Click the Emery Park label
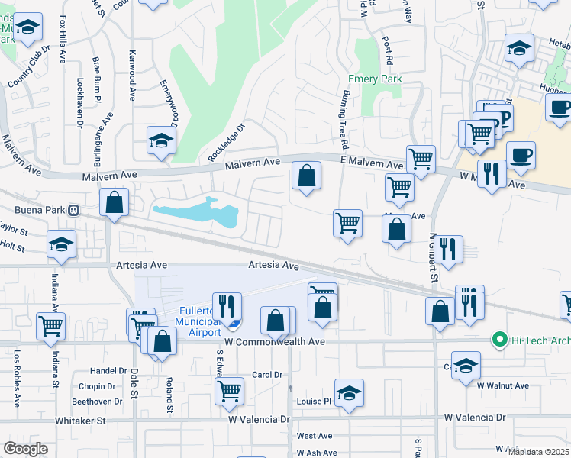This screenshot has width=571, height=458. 375,79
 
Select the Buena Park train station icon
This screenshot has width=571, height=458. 74,209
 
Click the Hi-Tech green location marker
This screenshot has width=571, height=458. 500,339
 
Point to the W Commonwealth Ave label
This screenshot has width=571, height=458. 275,342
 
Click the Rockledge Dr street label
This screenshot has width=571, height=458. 225,142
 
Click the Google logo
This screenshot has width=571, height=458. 25,449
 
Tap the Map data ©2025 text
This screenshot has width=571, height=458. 537,452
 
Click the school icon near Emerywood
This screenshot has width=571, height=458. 162,140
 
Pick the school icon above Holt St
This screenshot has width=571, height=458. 61,244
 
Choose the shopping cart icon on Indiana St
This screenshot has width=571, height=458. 50,325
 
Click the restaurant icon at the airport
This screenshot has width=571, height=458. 227,307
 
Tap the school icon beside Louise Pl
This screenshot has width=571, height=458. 349,393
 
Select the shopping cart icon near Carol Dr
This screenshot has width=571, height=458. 229,391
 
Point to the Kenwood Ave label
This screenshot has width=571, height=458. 132,85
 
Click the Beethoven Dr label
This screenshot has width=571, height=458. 97,402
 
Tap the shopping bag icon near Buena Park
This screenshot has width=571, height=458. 114,202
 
